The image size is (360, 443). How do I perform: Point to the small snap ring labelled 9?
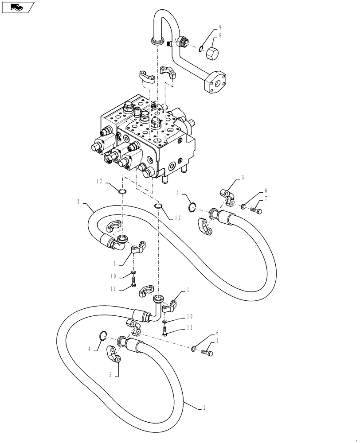click(201, 49)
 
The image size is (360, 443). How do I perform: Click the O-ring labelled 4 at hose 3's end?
click(192, 207)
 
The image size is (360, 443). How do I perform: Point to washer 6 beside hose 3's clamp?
click(244, 206)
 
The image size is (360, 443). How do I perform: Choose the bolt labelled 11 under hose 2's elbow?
click(165, 332)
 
